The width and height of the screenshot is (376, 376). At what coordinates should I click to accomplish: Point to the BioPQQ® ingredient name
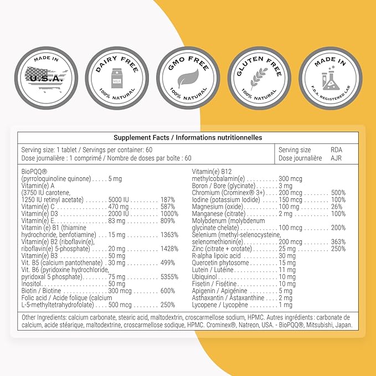coord(33,172)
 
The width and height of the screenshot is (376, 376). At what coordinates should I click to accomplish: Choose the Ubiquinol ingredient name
coord(204,277)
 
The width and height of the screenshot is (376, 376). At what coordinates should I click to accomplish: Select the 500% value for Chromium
coord(338,193)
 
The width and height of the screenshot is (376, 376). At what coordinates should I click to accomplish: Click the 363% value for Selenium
coord(338,241)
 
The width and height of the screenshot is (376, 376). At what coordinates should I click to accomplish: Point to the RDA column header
coord(336,150)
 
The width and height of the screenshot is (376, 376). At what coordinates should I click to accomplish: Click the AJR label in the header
coord(336,158)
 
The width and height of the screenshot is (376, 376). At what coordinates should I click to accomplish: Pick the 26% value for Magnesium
coord(338,207)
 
